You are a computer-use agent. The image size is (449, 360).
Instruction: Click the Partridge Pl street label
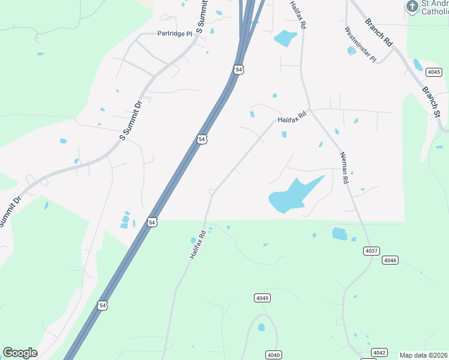[x=175, y=34]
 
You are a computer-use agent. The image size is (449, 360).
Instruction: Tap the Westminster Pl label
[x=360, y=44]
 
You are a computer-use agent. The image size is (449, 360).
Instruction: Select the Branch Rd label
[x=379, y=32]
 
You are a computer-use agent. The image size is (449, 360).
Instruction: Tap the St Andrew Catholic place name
[x=435, y=7]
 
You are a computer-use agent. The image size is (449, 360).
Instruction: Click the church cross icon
[x=412, y=7]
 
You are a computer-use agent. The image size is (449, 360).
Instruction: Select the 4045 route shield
[x=434, y=72]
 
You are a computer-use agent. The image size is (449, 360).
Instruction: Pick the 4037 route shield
[x=371, y=250]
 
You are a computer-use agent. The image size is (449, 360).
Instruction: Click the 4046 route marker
[x=390, y=260]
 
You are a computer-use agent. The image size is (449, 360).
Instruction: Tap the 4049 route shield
[x=262, y=298]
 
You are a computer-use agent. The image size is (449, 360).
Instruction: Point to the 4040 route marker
[x=273, y=355]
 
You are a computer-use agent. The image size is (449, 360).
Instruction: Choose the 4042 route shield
[x=379, y=352]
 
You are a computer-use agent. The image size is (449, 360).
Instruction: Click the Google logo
[x=20, y=353]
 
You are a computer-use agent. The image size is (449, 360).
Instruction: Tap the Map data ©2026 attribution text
[x=423, y=355]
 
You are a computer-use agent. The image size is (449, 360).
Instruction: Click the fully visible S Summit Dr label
[x=130, y=121]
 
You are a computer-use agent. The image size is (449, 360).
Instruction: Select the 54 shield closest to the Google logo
[x=103, y=305]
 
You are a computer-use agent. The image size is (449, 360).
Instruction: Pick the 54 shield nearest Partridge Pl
[x=239, y=70]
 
